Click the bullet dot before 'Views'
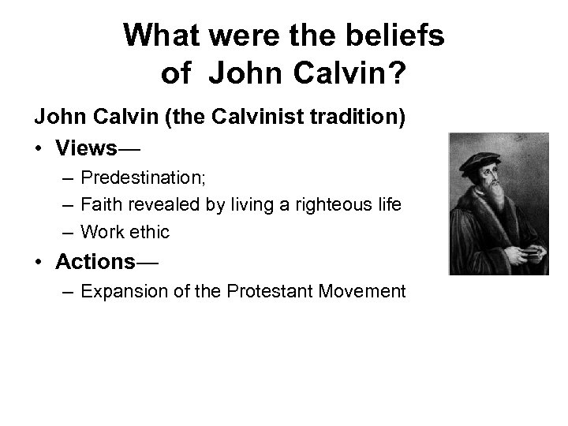coord(38,148)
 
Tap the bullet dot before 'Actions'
coord(38,261)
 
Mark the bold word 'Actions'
coord(93,261)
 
